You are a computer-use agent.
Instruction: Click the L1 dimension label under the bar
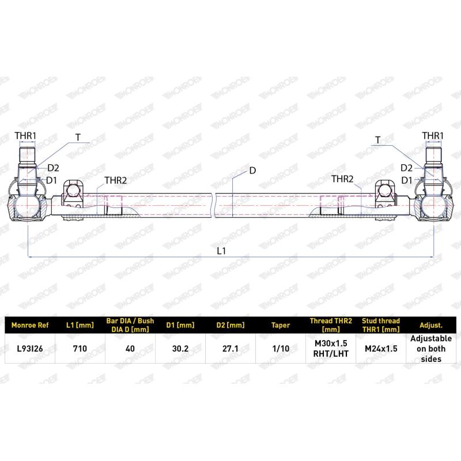pos(221,251)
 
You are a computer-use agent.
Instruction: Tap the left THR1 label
pos(25,136)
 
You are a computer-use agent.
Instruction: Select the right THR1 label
pos(433,136)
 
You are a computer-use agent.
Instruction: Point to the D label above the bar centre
pos(252,171)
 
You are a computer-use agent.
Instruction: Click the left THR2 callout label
pos(116,180)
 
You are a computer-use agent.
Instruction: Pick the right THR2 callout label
pos(342,179)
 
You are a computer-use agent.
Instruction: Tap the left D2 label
pos(53,168)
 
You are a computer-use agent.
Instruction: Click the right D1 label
pos(407,180)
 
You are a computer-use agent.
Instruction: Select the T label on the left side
pos(78,137)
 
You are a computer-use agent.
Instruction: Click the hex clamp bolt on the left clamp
pos(73,191)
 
